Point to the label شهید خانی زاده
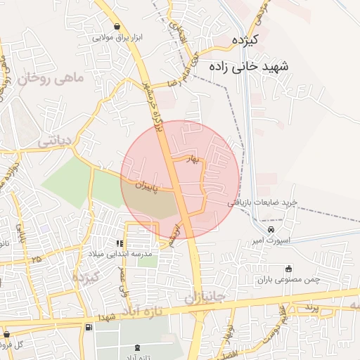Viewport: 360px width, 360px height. (x=249, y=65)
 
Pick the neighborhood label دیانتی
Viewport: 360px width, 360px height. (x=54, y=141)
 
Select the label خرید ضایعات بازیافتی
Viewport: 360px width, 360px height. (x=262, y=202)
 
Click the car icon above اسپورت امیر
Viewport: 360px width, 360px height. (x=271, y=230)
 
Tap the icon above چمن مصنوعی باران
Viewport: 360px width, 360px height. (x=288, y=269)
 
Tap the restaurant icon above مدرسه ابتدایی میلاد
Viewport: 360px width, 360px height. (x=128, y=243)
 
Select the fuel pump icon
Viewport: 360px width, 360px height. (x=88, y=328)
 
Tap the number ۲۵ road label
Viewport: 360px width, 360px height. (x=36, y=260)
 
